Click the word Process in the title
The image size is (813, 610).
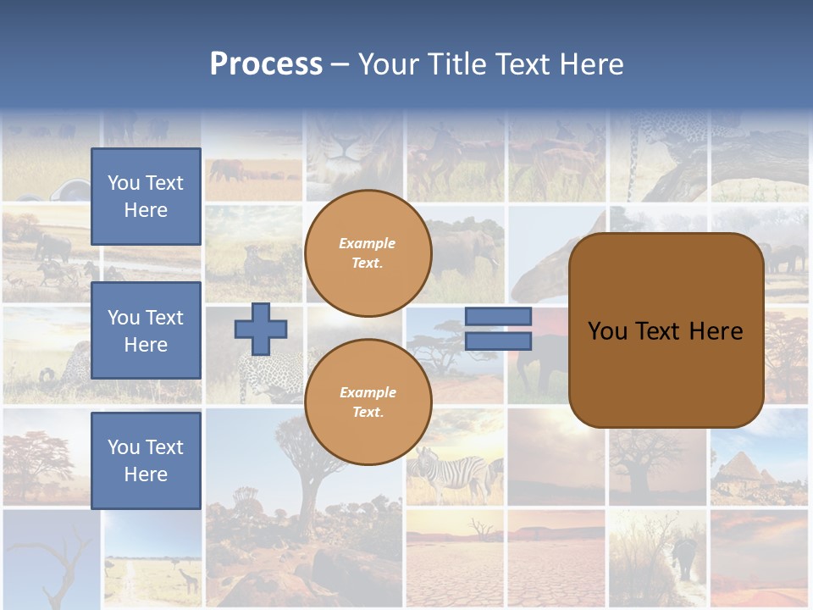[266, 64]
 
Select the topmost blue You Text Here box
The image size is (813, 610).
[146, 197]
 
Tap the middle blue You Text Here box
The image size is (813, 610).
[146, 330]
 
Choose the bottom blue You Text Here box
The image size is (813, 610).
[146, 461]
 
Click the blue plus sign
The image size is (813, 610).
[260, 330]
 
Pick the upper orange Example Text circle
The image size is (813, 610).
[368, 252]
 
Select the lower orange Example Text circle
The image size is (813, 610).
[368, 402]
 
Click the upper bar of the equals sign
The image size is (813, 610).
[498, 316]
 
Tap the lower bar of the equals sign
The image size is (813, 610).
[498, 341]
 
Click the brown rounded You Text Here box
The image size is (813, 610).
[666, 330]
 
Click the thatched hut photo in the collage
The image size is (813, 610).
[745, 470]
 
